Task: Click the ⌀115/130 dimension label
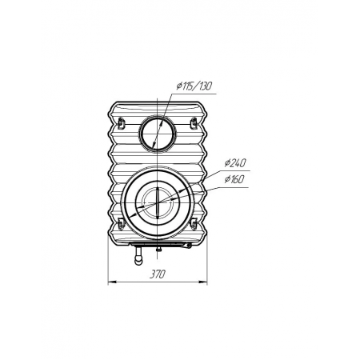click(194, 86)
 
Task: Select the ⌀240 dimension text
click(235, 162)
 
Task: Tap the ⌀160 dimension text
click(234, 179)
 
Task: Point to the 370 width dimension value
click(158, 274)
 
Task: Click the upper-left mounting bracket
click(122, 123)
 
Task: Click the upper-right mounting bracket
click(194, 123)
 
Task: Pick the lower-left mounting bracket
click(122, 223)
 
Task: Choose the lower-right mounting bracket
click(194, 223)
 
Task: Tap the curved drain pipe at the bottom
click(138, 258)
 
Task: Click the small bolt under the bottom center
click(158, 249)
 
